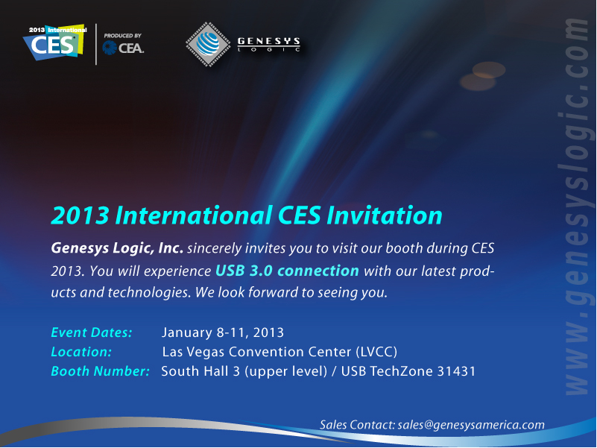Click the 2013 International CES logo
(x=55, y=42)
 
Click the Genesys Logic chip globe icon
(x=208, y=44)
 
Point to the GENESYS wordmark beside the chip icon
(x=269, y=41)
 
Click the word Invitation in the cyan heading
(x=385, y=215)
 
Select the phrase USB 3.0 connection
(x=287, y=271)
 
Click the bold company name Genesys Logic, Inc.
(x=117, y=248)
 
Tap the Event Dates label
(x=92, y=332)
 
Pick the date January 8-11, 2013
(x=223, y=332)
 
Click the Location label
(x=81, y=352)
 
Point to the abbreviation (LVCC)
(x=376, y=352)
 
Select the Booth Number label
(x=100, y=371)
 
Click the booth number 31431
(x=456, y=371)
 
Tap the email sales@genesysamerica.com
(x=471, y=425)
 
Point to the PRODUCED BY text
(x=122, y=36)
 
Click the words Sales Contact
(x=357, y=425)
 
